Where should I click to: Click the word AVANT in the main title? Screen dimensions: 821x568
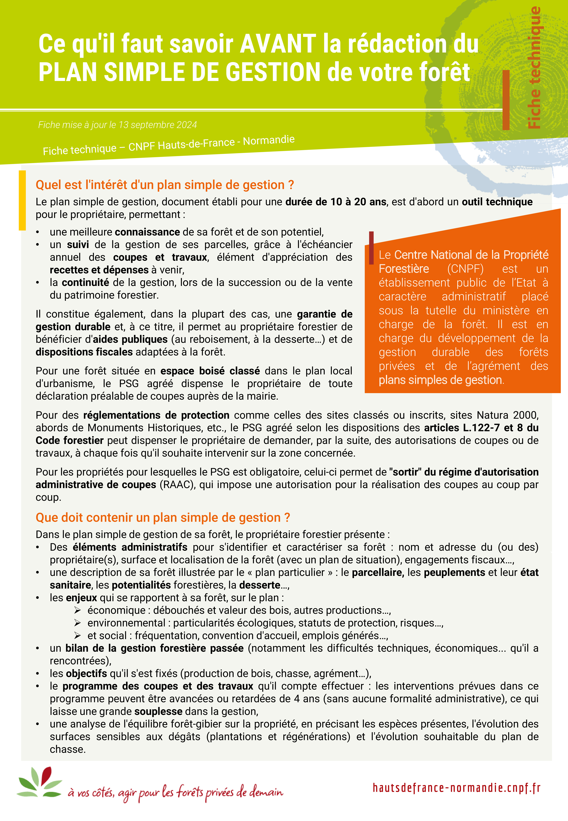pyautogui.click(x=278, y=44)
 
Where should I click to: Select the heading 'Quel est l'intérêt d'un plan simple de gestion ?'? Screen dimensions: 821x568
pyautogui.click(x=165, y=185)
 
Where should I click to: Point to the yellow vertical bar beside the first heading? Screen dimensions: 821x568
pyautogui.click(x=22, y=200)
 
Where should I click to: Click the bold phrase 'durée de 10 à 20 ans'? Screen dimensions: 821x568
pyautogui.click(x=336, y=202)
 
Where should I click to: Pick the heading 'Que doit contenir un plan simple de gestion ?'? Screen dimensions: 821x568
pyautogui.click(x=163, y=518)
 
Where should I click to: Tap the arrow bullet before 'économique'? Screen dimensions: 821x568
pyautogui.click(x=78, y=611)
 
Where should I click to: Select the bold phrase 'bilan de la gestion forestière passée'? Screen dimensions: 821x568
pyautogui.click(x=154, y=648)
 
